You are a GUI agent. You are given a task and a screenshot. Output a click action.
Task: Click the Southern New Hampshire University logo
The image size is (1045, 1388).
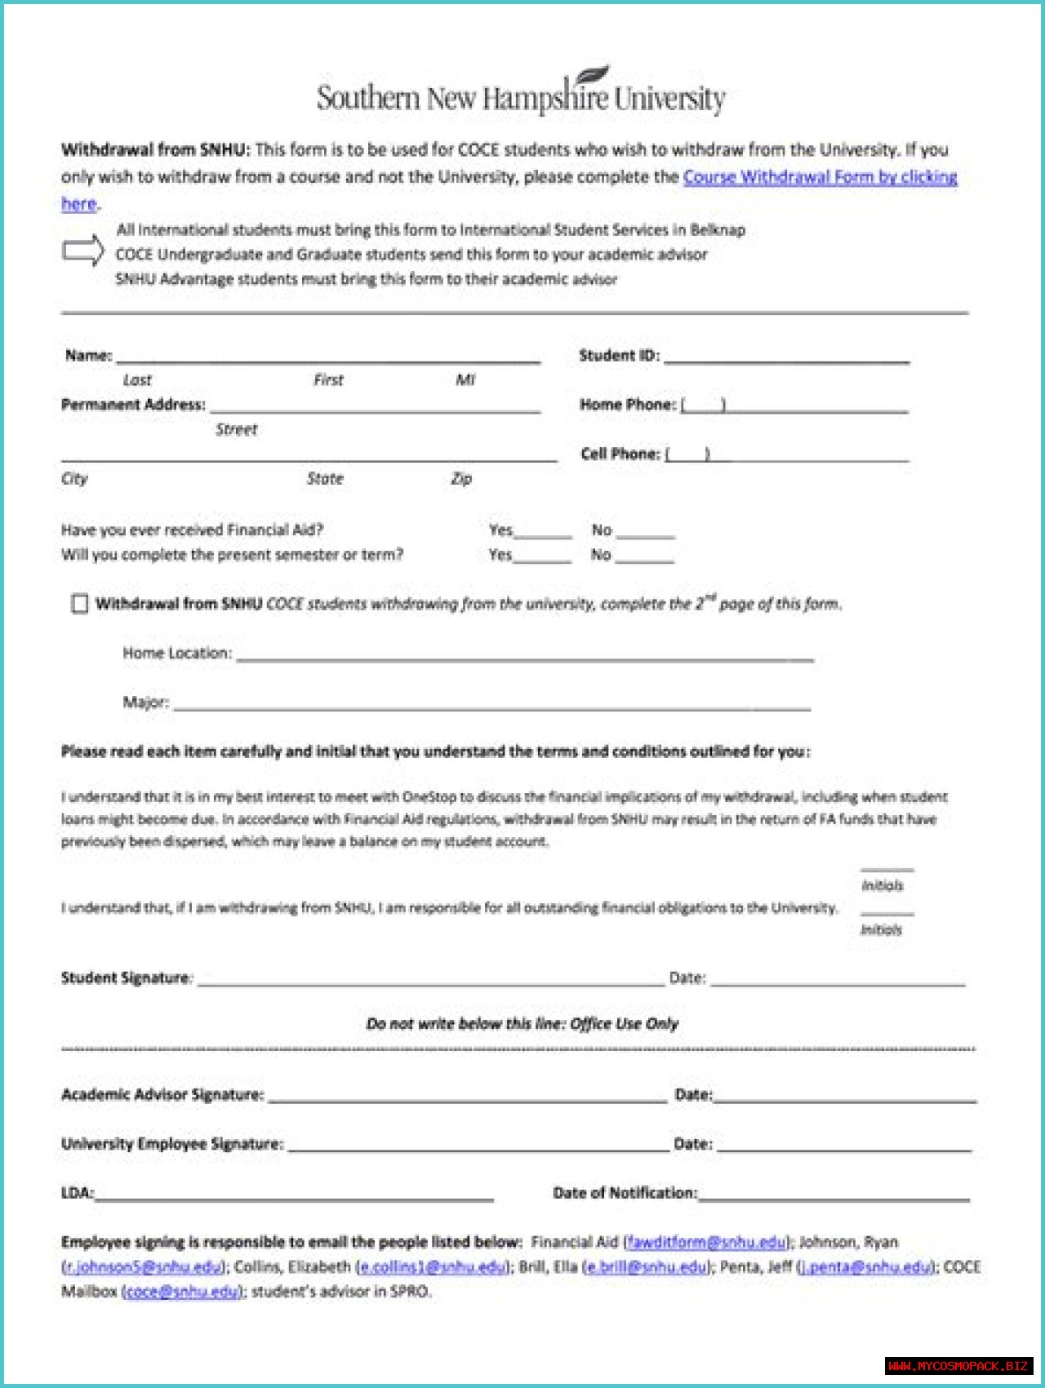[x=521, y=95]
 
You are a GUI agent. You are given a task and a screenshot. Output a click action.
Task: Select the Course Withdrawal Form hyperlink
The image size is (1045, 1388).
[x=820, y=177]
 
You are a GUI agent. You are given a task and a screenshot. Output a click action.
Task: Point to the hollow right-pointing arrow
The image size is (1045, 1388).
[x=83, y=251]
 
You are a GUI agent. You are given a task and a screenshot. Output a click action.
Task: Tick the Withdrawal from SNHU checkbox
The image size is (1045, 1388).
[x=79, y=604]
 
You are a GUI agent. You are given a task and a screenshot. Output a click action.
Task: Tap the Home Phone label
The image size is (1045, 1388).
[x=627, y=405]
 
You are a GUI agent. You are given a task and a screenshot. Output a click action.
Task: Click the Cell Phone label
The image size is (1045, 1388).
[x=620, y=454]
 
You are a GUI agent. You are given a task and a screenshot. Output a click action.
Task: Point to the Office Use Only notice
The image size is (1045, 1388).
[x=522, y=1023]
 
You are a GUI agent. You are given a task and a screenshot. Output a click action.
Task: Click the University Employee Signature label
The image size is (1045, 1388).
[x=172, y=1144]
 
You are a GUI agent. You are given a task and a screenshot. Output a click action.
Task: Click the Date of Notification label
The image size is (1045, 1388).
[x=625, y=1193]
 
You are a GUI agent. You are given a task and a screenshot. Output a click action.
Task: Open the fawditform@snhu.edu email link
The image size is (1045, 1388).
[x=706, y=1242]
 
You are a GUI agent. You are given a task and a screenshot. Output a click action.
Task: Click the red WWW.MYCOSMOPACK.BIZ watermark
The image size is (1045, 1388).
[x=958, y=1365]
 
